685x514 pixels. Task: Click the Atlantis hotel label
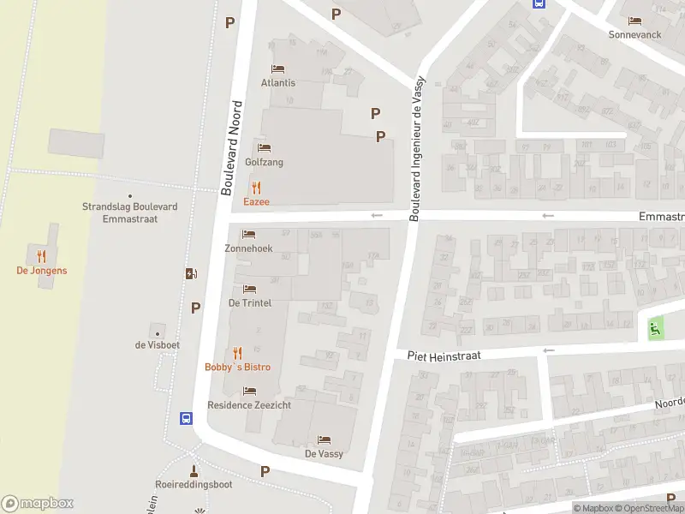pos(278,83)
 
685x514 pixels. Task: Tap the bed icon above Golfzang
pos(264,148)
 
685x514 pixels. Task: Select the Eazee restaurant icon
pos(255,188)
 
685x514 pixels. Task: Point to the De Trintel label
pos(250,302)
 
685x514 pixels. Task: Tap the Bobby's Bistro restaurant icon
pos(237,352)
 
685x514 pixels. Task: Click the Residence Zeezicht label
pos(248,404)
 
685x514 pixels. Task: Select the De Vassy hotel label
pos(324,453)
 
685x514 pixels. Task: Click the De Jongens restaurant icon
pos(41,255)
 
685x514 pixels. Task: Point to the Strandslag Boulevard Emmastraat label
pos(130,212)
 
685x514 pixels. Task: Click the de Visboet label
pos(157,345)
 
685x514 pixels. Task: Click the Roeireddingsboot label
pos(194,483)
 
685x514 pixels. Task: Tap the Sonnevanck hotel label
pos(635,35)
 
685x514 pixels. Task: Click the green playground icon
pos(656,326)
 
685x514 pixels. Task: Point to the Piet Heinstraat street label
pos(444,354)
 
